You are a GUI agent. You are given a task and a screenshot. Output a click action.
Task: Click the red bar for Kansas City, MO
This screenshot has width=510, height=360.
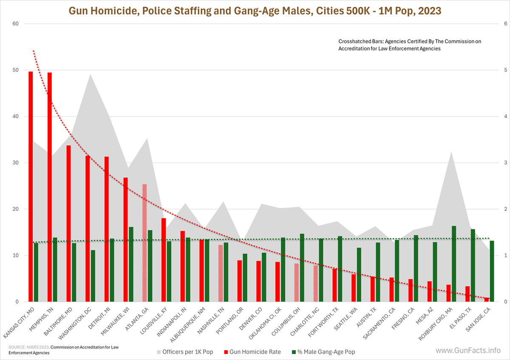(31, 187)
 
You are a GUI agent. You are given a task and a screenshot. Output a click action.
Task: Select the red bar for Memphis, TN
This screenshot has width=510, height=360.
(50, 187)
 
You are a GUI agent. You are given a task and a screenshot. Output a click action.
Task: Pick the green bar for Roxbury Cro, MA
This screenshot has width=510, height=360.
(454, 264)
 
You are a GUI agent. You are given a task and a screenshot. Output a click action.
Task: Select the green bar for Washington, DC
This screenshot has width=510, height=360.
(93, 276)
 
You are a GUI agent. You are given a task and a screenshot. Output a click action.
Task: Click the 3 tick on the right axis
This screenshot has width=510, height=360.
(505, 163)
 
